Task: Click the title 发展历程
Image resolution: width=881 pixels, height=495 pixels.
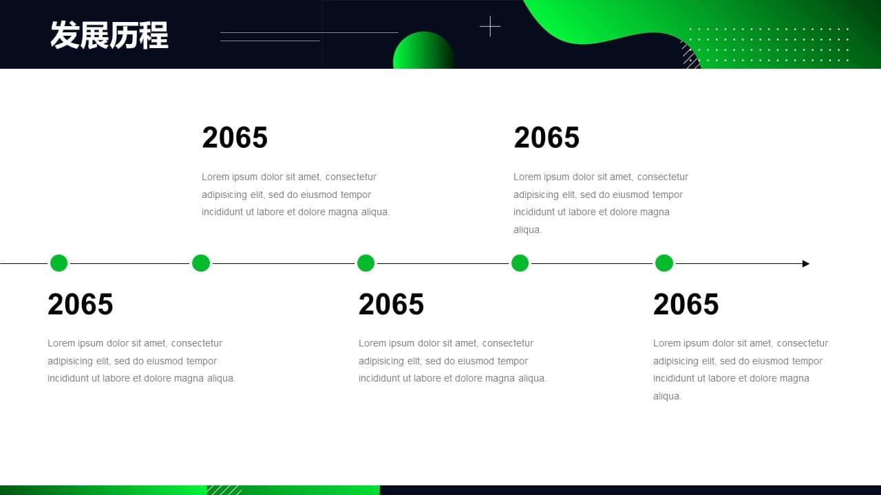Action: (109, 35)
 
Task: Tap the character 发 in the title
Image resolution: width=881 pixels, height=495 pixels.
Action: (65, 35)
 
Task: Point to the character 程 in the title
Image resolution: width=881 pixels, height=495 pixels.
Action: (153, 35)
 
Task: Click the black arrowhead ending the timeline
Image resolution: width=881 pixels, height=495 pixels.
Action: (806, 263)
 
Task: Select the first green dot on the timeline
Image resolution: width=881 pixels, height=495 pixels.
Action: (59, 263)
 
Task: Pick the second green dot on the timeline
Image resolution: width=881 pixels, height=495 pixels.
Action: (201, 263)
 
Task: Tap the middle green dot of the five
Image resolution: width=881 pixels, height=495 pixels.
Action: (365, 263)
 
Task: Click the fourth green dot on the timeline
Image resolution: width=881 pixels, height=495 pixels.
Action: (520, 263)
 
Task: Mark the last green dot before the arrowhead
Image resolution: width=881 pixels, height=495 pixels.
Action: (664, 263)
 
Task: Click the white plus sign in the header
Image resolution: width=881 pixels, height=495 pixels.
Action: (490, 27)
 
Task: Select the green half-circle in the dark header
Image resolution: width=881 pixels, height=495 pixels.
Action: (423, 50)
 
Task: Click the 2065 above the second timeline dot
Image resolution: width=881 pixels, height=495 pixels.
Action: (235, 137)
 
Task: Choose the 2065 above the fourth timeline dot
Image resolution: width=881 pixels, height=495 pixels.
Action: (546, 137)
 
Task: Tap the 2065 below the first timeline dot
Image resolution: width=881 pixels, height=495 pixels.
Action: (81, 304)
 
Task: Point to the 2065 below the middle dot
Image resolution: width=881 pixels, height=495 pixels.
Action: (391, 304)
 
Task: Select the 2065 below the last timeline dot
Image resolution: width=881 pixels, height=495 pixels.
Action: (686, 304)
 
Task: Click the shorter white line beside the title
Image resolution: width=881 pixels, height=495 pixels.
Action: (270, 41)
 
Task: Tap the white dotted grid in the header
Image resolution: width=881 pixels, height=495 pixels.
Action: (769, 45)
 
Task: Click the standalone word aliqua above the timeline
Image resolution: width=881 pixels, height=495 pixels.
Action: (527, 230)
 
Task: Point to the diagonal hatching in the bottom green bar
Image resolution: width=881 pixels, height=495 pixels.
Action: (224, 490)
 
